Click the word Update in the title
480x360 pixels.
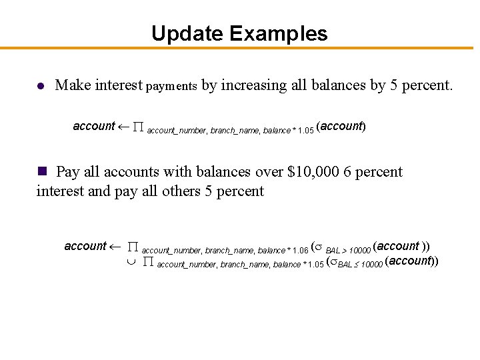[x=186, y=33]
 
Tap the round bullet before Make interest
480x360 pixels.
[x=41, y=86]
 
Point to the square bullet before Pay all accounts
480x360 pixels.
[x=42, y=171]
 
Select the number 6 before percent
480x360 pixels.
[x=348, y=172]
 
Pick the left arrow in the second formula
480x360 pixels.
[x=115, y=247]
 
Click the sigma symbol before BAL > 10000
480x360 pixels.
[x=319, y=247]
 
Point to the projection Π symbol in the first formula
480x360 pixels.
[x=139, y=127]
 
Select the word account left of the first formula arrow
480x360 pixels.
[x=94, y=126]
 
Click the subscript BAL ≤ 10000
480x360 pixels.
[x=360, y=265]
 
